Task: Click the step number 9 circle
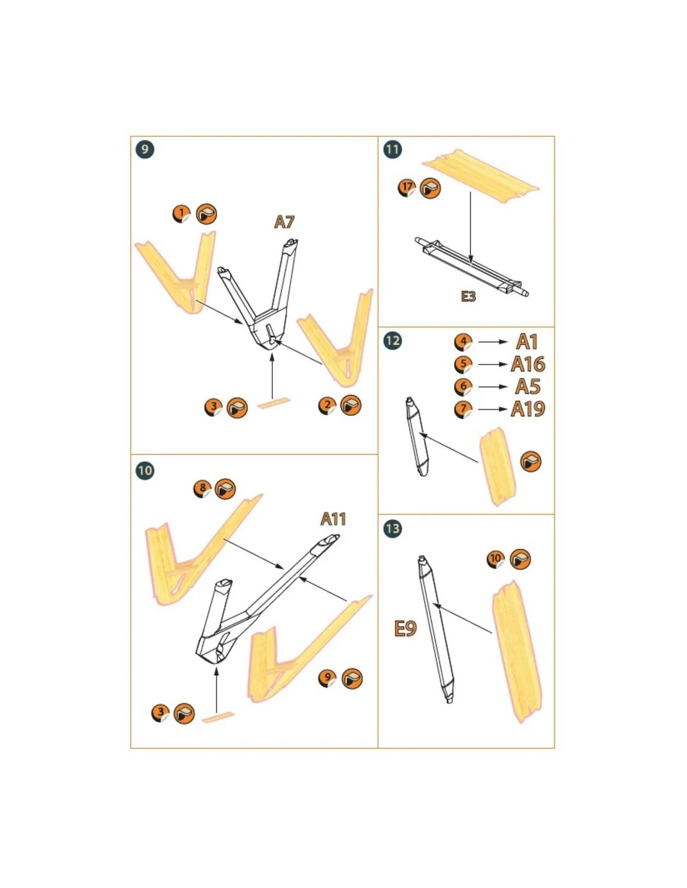[x=145, y=149]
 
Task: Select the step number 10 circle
[x=145, y=470]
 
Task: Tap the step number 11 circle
[x=392, y=149]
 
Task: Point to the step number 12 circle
[x=392, y=340]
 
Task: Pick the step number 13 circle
[x=392, y=528]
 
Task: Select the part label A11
[x=333, y=519]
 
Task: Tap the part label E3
[x=468, y=296]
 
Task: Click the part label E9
[x=405, y=628]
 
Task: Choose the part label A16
[x=528, y=364]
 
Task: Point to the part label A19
[x=528, y=408]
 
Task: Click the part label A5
[x=528, y=387]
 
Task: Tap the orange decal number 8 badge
[x=203, y=488]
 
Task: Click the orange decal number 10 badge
[x=496, y=559]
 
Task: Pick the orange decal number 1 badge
[x=182, y=214]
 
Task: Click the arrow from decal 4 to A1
[x=493, y=342]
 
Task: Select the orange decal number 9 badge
[x=327, y=678]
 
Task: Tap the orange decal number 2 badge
[x=327, y=406]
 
